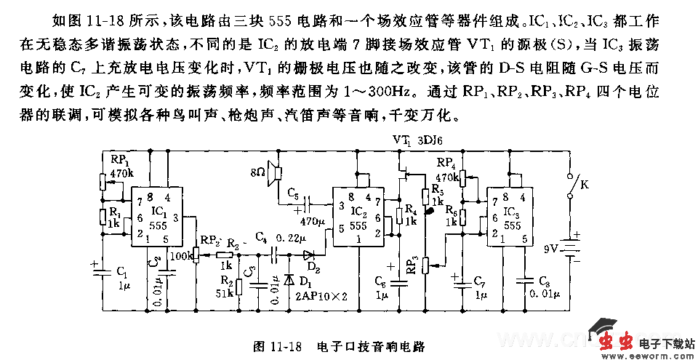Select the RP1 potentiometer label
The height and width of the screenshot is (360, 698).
pos(121,161)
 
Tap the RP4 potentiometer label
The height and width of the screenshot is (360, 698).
pos(446,164)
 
